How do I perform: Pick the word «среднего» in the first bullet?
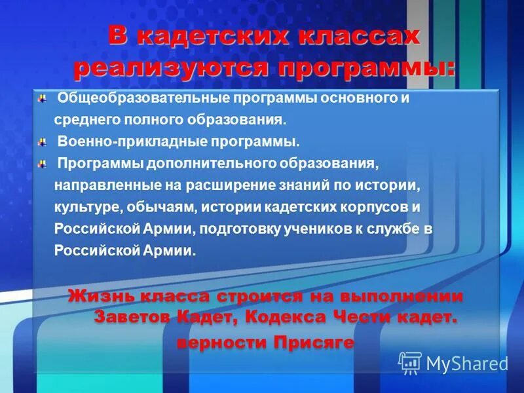82,121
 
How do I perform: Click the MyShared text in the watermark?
467,364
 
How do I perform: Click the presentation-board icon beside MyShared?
410,363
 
